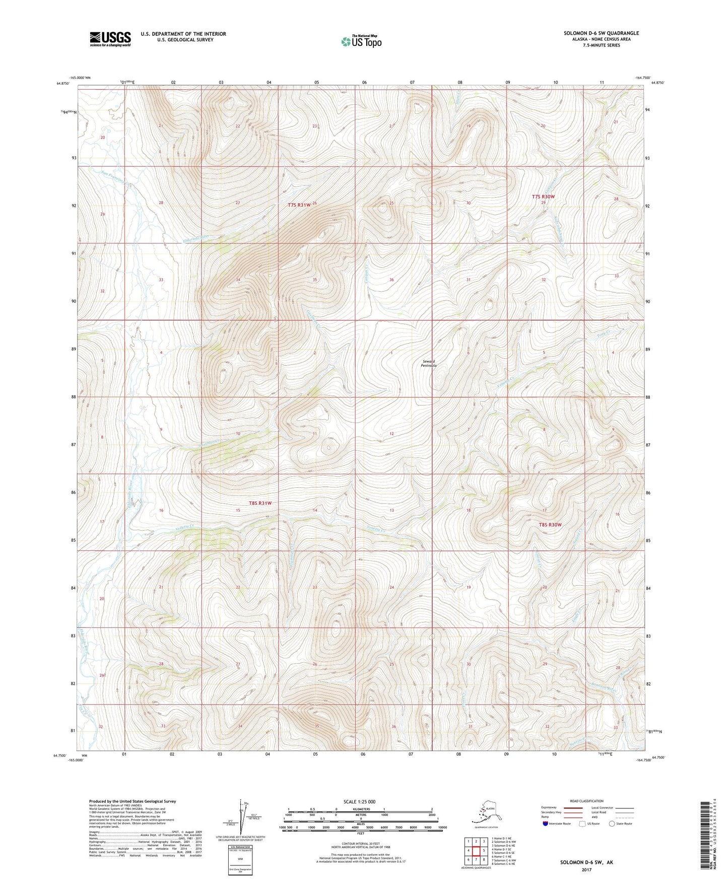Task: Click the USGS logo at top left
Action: point(110,39)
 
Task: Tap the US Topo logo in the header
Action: point(361,41)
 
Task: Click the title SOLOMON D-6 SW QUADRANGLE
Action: point(601,33)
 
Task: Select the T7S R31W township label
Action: point(299,205)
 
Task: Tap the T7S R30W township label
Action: point(543,197)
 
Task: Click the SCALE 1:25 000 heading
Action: point(360,801)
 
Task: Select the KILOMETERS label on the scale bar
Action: point(359,809)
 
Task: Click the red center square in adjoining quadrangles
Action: point(476,850)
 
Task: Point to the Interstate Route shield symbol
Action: point(546,824)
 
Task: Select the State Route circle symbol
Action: point(612,824)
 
